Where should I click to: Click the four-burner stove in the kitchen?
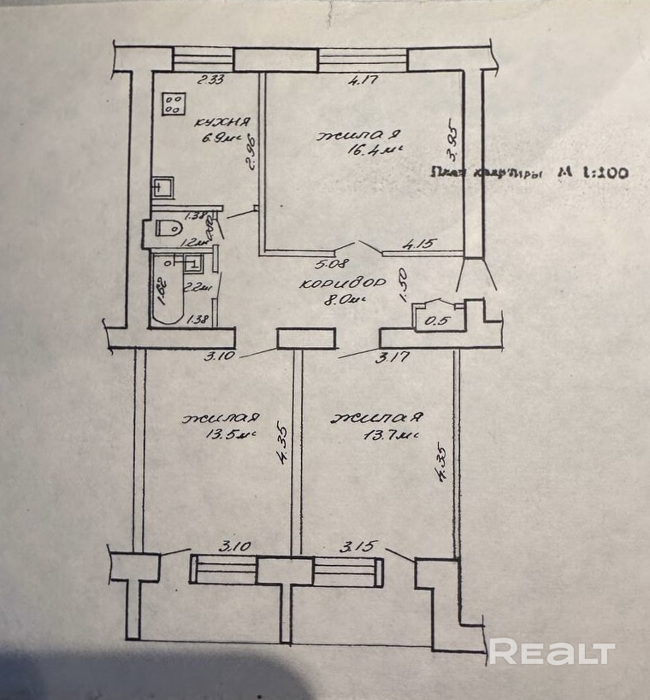click(x=174, y=104)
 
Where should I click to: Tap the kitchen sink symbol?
click(x=163, y=187)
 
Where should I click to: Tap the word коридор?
click(x=340, y=283)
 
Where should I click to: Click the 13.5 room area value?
click(x=225, y=435)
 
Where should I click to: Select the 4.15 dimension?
click(x=420, y=244)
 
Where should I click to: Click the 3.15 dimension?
click(x=355, y=546)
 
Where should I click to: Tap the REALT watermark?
click(x=552, y=653)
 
